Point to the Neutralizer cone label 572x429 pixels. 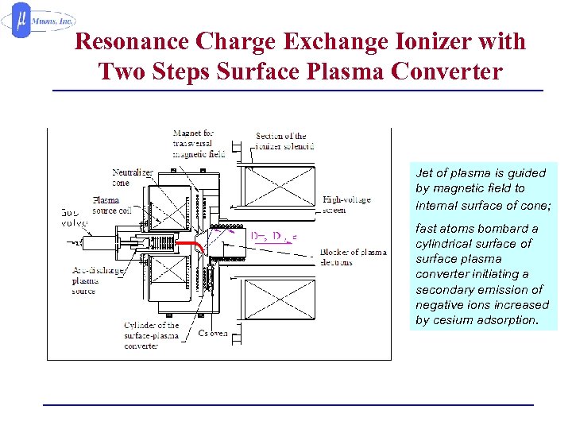(x=133, y=177)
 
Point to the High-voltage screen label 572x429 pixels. (x=346, y=204)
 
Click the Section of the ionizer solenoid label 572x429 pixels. (x=285, y=141)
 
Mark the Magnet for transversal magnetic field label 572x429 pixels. (x=199, y=143)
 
